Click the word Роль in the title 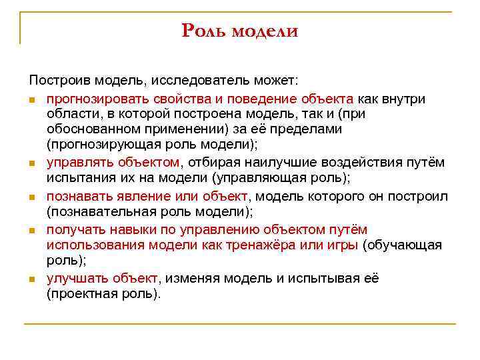click(x=204, y=31)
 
